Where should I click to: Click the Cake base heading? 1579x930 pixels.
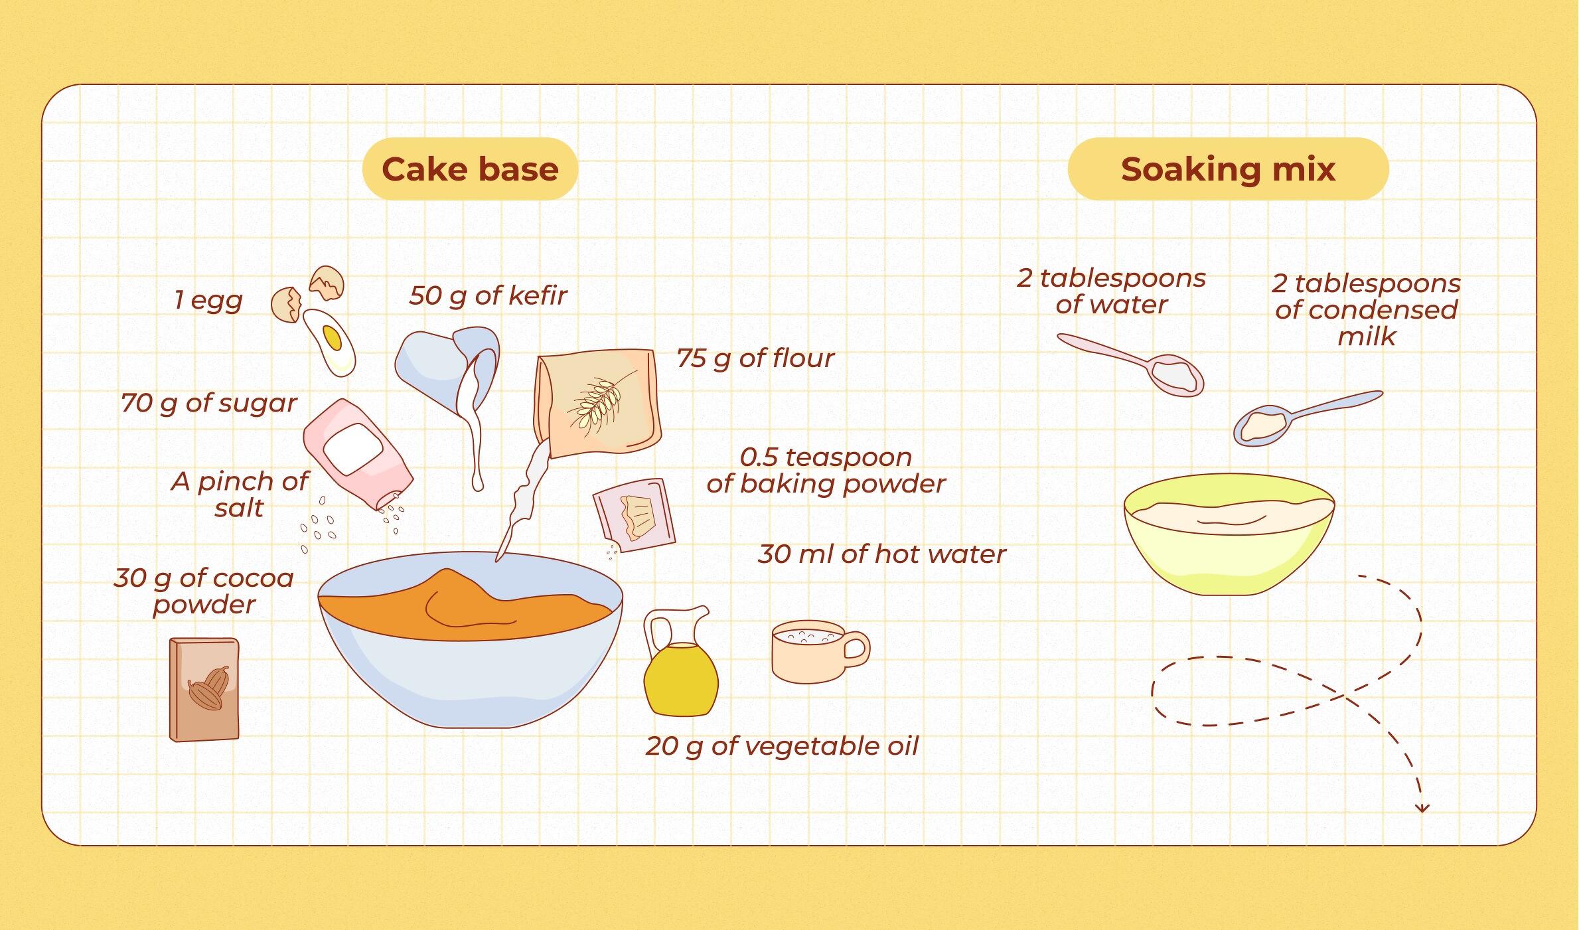(470, 169)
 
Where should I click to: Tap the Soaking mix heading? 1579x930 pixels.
(1228, 169)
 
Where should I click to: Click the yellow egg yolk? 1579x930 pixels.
(332, 339)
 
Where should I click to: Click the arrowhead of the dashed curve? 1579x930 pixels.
(1422, 808)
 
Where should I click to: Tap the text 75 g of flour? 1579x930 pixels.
(755, 358)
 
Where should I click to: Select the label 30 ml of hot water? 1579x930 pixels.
(881, 554)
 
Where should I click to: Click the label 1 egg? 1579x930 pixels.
(208, 301)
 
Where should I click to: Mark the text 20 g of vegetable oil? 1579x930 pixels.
(782, 746)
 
